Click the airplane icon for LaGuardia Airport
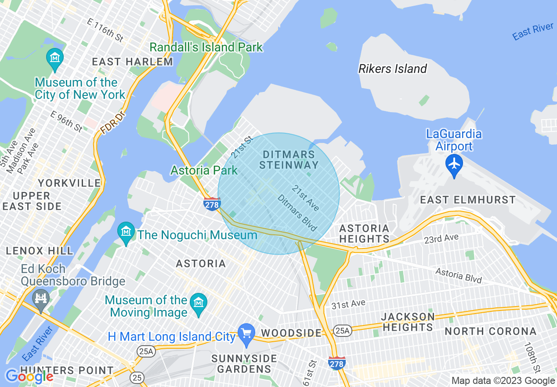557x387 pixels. [x=454, y=164]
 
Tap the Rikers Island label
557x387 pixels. [x=393, y=69]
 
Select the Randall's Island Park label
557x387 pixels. [x=206, y=47]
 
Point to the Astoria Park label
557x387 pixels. [x=204, y=170]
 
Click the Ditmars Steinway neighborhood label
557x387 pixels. [x=289, y=160]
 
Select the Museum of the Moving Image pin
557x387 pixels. [x=199, y=304]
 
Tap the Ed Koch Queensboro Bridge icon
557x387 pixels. [x=41, y=299]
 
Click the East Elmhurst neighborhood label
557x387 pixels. [x=468, y=200]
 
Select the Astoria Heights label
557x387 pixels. [x=364, y=234]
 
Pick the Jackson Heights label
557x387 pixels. [x=408, y=322]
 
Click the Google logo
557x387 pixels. [x=29, y=376]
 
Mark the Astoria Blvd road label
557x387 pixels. [x=459, y=276]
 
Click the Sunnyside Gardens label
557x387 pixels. [x=244, y=363]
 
